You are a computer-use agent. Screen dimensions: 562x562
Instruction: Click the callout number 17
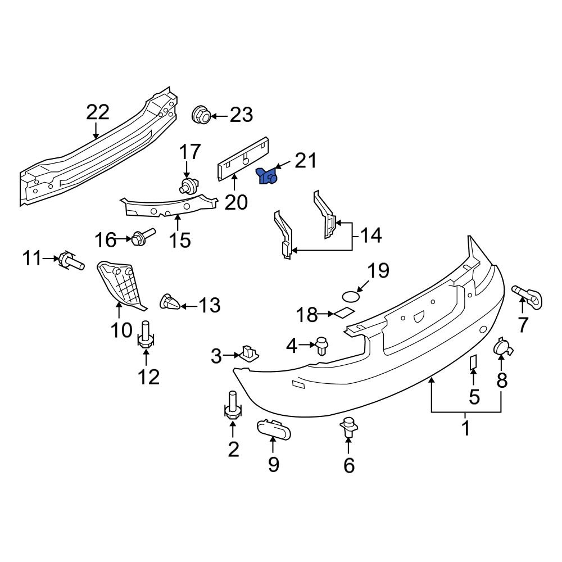click(189, 152)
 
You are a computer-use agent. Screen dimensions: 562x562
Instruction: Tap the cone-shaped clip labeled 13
click(170, 302)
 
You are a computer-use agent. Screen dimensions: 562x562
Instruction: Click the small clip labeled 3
click(249, 353)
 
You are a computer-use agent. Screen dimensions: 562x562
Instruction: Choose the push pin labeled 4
click(322, 346)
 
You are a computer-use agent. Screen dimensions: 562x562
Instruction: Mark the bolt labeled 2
click(233, 407)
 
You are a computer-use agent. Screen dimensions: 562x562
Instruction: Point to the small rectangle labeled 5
click(473, 363)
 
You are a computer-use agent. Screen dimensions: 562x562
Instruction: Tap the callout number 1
click(465, 429)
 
